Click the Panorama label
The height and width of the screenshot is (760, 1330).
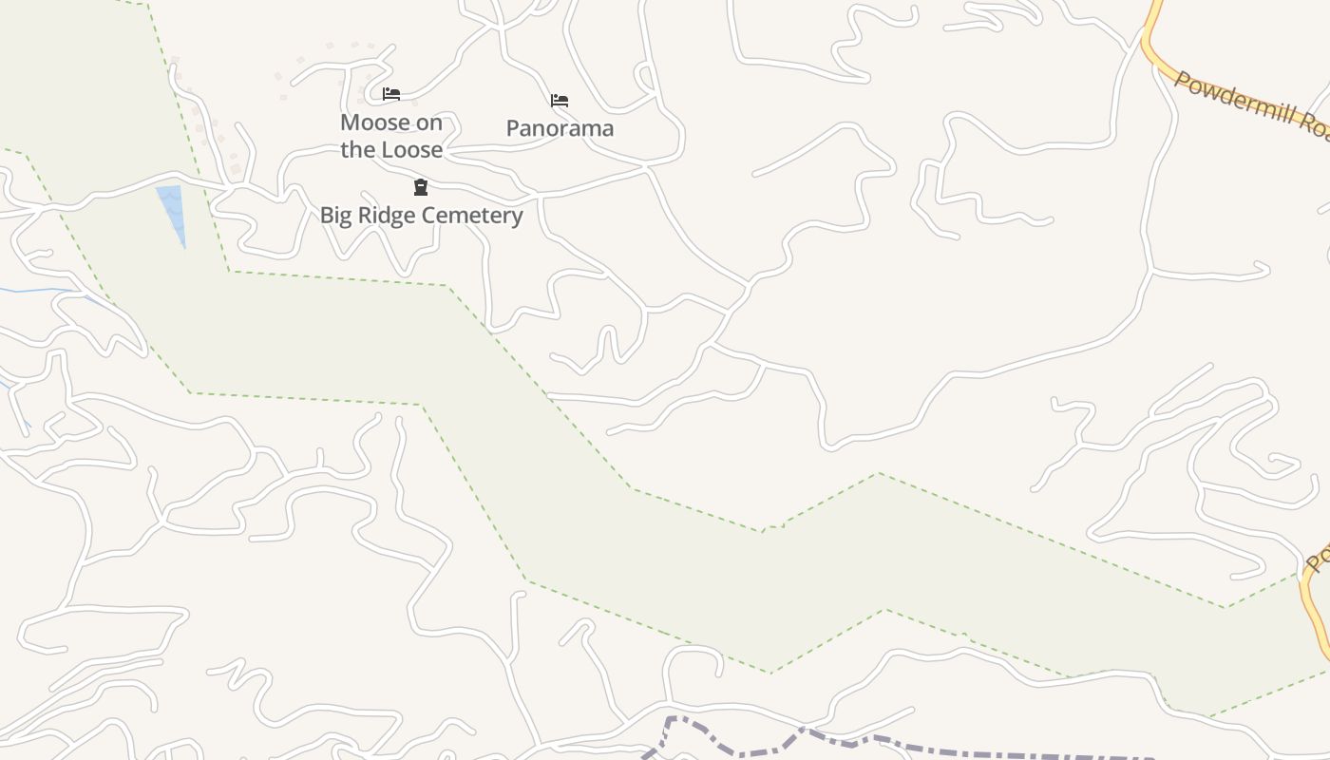pyautogui.click(x=560, y=128)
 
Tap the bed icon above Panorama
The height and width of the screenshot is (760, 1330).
pyautogui.click(x=560, y=100)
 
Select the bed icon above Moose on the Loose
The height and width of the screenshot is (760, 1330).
pyautogui.click(x=390, y=93)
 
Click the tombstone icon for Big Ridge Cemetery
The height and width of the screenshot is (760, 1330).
pyautogui.click(x=421, y=187)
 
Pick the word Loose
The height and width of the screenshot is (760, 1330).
pyautogui.click(x=412, y=150)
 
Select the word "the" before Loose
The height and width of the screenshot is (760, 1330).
pyautogui.click(x=359, y=150)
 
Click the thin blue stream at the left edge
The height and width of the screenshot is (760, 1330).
pyautogui.click(x=38, y=290)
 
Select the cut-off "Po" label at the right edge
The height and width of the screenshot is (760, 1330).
pyautogui.click(x=1317, y=556)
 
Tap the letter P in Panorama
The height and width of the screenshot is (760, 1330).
pyautogui.click(x=512, y=128)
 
